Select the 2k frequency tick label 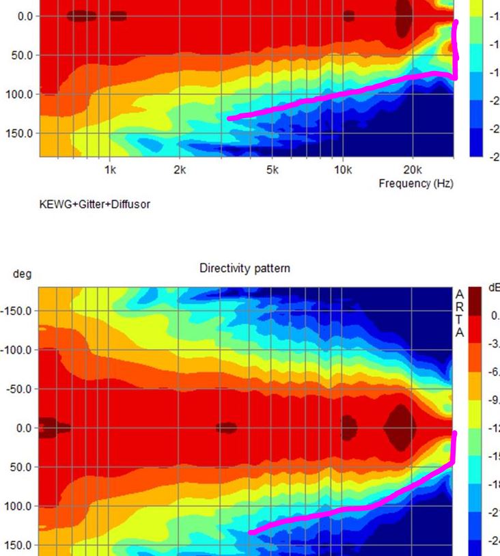179,170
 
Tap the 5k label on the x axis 273,170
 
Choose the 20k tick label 412,170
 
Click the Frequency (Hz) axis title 415,183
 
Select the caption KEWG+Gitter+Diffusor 95,204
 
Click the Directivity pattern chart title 245,268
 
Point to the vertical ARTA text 460,313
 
